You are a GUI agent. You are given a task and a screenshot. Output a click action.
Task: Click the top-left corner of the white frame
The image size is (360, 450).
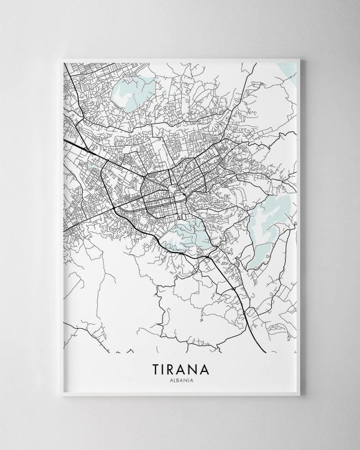pos(55,53)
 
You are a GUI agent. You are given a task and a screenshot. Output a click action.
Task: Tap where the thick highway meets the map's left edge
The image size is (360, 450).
pos(64,139)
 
